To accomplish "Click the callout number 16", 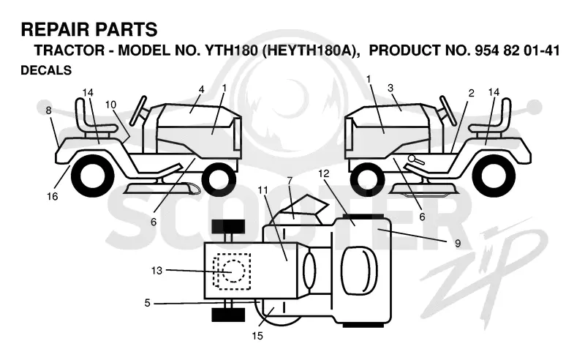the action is [53, 196].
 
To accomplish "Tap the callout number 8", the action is [48, 110].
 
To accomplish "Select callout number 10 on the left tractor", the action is [111, 105].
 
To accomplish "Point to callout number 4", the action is [202, 89].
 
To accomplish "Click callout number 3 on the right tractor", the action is [390, 88].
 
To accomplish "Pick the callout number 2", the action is [471, 93].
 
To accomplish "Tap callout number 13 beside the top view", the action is [156, 271].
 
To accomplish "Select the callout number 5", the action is [148, 303].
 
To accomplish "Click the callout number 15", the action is [257, 336].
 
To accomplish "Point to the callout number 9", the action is [458, 244].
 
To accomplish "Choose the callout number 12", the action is [324, 173].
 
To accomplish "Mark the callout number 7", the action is [290, 180].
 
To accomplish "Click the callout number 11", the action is [263, 190].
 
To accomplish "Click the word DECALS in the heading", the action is [46, 70].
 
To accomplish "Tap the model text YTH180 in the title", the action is [231, 50].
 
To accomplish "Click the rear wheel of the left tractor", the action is [93, 176].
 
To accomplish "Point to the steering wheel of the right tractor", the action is [448, 111].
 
